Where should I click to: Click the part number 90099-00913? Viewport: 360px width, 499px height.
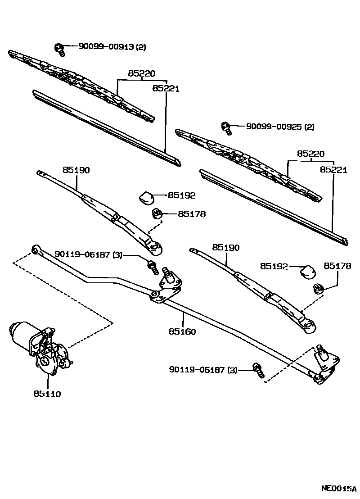(106, 46)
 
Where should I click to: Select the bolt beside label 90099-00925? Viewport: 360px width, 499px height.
(226, 128)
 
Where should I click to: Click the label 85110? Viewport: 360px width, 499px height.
(47, 394)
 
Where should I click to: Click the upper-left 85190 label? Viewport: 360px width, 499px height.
(76, 170)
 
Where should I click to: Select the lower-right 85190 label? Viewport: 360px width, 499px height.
(226, 248)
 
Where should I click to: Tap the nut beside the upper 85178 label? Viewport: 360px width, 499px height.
(157, 214)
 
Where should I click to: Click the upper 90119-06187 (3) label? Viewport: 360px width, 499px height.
(88, 254)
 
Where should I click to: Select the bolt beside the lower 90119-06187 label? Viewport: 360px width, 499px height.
(258, 370)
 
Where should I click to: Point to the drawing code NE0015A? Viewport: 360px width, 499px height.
(338, 488)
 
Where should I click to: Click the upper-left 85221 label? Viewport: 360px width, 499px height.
(166, 89)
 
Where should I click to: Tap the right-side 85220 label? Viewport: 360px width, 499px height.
(310, 154)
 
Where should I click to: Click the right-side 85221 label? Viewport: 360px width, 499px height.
(333, 170)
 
